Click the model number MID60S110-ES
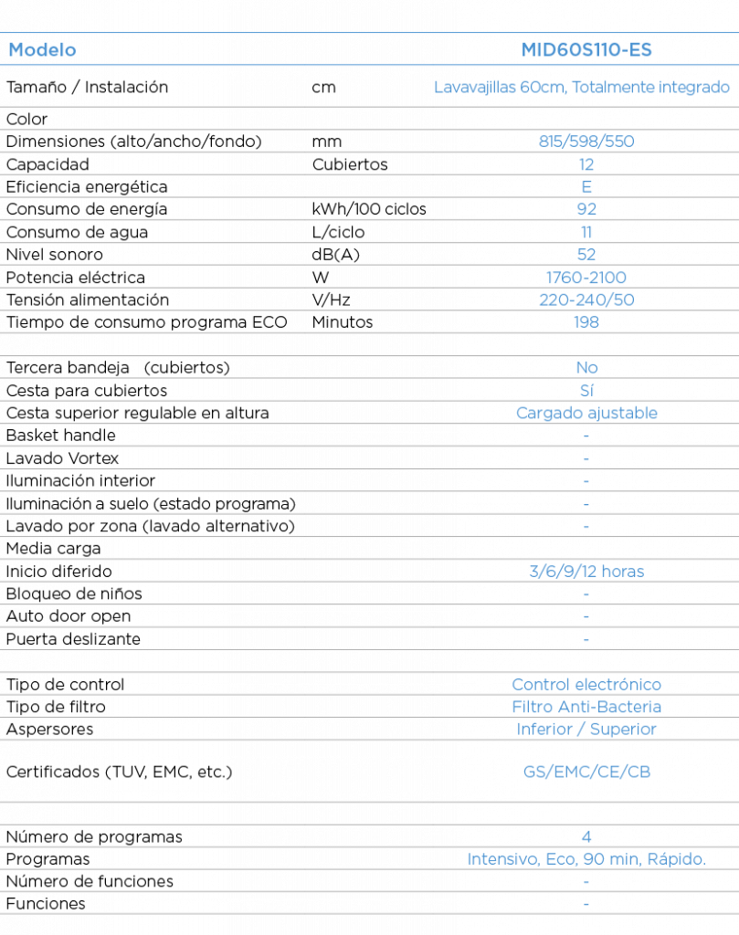click(586, 49)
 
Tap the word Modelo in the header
click(42, 49)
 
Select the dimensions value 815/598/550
click(586, 142)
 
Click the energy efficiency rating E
click(586, 186)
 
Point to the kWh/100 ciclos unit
click(369, 209)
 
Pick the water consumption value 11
click(586, 232)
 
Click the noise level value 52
click(586, 255)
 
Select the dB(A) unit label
click(335, 256)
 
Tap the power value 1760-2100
click(586, 278)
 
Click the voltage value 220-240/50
click(586, 299)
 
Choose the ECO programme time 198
click(586, 322)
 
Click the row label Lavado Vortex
click(62, 458)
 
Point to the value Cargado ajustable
click(586, 414)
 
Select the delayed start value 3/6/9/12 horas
click(586, 572)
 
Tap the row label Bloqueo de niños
click(74, 594)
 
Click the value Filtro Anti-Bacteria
click(586, 707)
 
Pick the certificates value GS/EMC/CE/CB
click(586, 772)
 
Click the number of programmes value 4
click(586, 836)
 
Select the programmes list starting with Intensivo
click(586, 859)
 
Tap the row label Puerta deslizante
click(73, 639)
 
